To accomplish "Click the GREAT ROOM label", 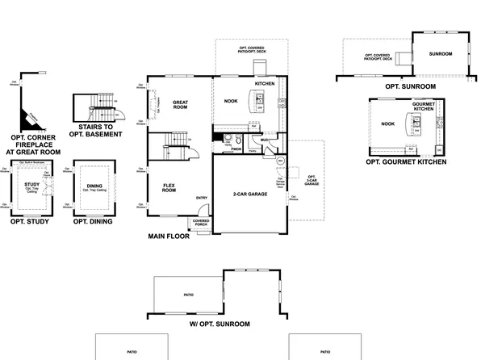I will (180, 104).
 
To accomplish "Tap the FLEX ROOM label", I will (169, 187).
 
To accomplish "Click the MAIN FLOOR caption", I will (168, 237).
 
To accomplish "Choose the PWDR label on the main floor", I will (236, 149).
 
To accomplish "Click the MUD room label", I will (264, 140).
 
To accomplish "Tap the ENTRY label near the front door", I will (201, 199).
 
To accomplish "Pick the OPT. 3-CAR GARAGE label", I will (312, 179).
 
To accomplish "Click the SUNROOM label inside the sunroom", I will (441, 53).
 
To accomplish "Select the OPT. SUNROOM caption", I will (410, 86).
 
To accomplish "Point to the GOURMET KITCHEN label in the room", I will (424, 108).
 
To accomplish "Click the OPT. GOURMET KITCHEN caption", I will (406, 162).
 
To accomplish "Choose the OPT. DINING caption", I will (93, 220).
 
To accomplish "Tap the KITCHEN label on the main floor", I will (266, 84).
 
